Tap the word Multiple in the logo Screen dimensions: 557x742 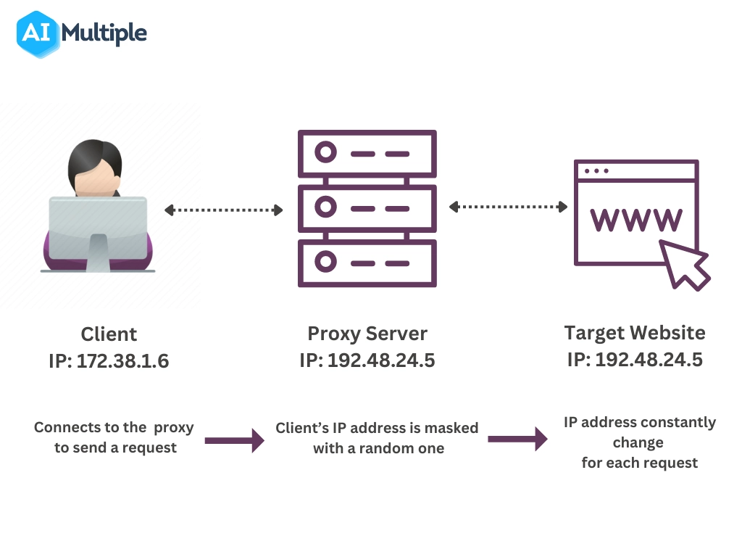click(x=104, y=33)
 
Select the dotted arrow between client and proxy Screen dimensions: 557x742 click(x=223, y=210)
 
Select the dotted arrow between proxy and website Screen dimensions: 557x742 click(x=508, y=207)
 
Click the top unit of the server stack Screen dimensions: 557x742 click(x=367, y=153)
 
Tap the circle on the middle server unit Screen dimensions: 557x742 click(x=326, y=207)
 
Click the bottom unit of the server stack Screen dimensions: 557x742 click(x=367, y=261)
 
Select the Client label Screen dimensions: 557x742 click(x=109, y=334)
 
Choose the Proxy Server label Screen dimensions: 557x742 click(x=367, y=334)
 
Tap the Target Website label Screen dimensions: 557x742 click(x=635, y=333)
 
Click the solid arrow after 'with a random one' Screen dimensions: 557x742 click(x=517, y=439)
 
